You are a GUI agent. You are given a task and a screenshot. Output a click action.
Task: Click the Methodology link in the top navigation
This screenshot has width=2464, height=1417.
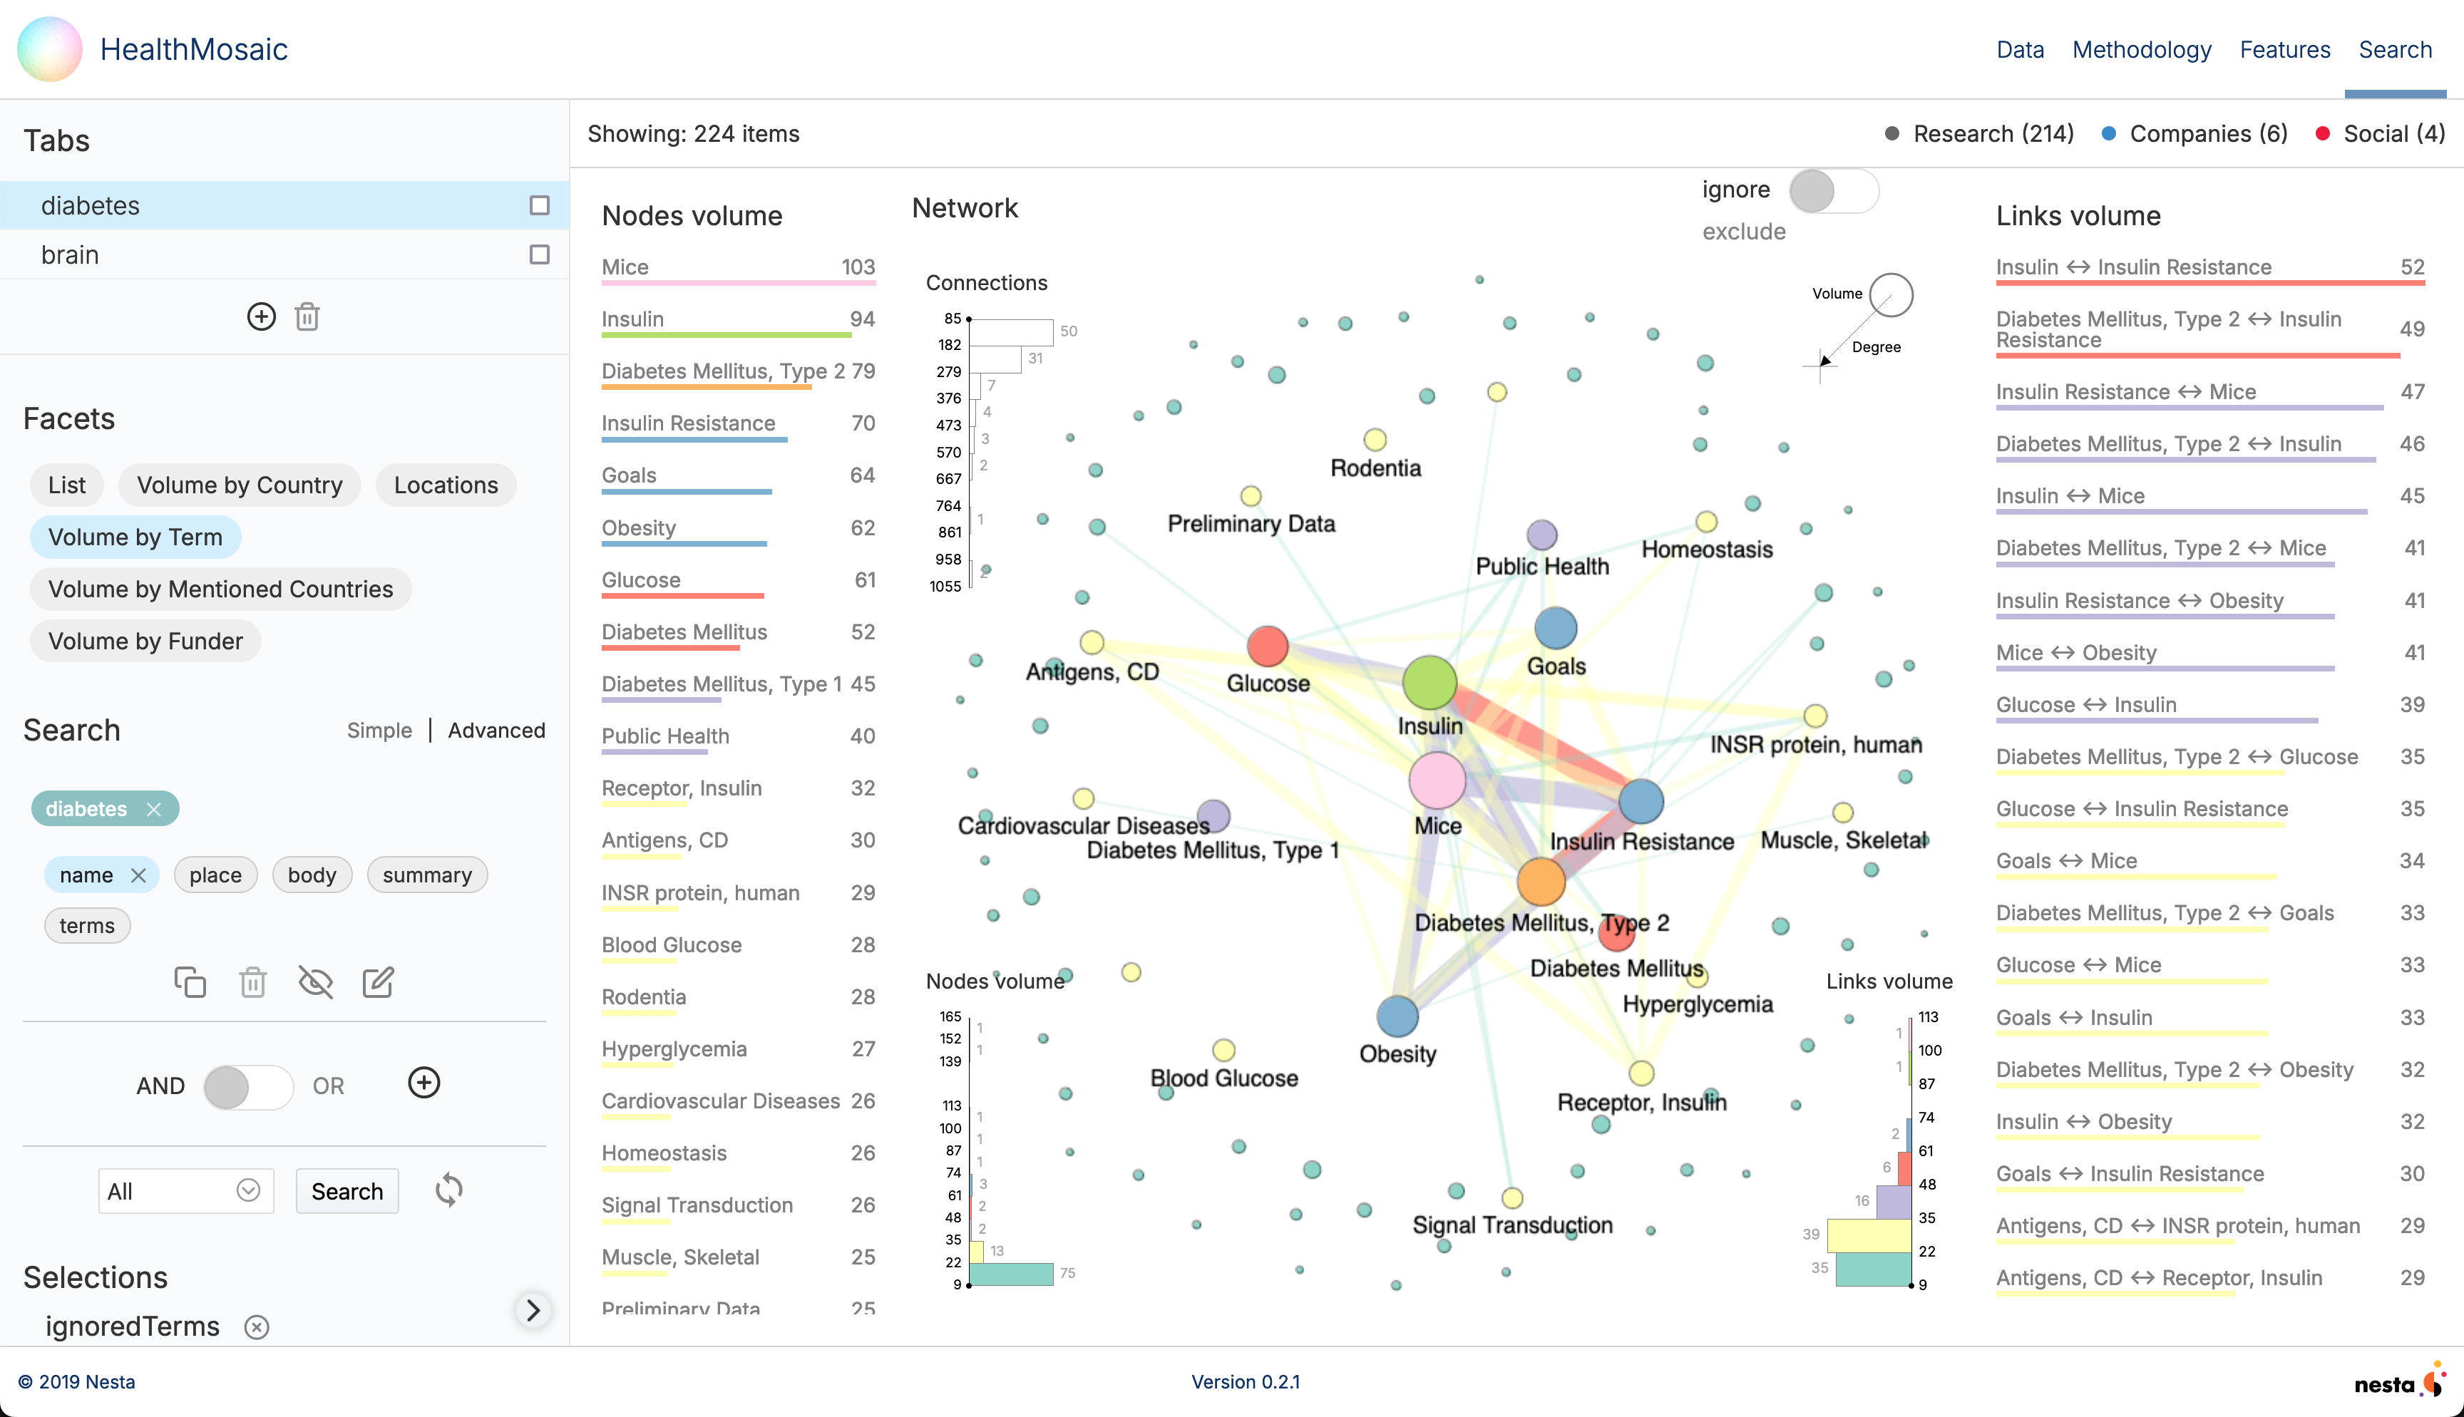point(2141,50)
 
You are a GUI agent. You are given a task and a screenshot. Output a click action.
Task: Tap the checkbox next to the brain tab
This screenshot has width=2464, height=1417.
point(539,255)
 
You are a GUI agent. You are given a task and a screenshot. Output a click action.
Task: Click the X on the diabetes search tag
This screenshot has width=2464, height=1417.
point(154,809)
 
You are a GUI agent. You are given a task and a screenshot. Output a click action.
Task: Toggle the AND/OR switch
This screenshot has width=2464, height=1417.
point(247,1086)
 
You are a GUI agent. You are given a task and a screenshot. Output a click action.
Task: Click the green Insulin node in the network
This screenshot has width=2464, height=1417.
point(1429,682)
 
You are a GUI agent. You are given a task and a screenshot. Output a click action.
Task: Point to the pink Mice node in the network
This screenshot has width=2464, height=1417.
point(1437,780)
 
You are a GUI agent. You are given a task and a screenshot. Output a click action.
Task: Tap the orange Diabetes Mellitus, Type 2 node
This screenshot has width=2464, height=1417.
point(1541,882)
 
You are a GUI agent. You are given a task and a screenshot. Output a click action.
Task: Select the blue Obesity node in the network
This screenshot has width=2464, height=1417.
point(1397,1016)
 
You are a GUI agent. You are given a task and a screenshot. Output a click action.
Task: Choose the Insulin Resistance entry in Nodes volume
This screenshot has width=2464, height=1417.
point(688,423)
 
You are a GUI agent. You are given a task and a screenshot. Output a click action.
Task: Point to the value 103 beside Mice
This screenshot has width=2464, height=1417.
point(858,267)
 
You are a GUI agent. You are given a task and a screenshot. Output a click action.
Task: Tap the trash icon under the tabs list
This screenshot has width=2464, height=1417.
point(307,317)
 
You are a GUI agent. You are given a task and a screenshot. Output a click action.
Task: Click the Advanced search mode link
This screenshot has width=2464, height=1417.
point(496,730)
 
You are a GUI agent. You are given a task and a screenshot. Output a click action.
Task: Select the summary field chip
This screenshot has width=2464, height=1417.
point(426,875)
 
